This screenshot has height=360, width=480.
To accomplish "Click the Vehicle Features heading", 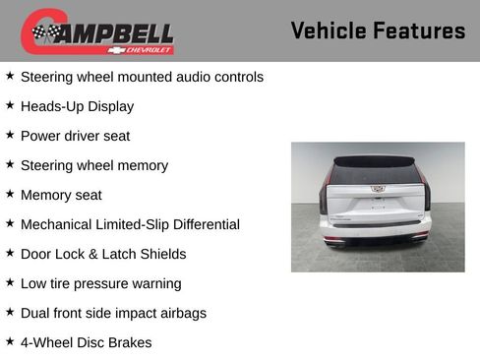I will (378, 30).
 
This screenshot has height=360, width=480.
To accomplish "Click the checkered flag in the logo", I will (44, 32).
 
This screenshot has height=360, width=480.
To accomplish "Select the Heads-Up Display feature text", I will (77, 106).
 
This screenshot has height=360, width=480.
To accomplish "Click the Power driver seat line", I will (75, 136).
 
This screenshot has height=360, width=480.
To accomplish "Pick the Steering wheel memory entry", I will (93, 165).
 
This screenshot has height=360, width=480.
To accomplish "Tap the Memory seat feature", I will (61, 195).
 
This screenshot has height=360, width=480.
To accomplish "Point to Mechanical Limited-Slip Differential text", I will (130, 224).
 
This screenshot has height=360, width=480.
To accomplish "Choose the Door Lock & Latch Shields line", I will (103, 254).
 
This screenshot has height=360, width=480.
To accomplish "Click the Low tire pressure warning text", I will (100, 283).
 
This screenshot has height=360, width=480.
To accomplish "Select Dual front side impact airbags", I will (113, 313).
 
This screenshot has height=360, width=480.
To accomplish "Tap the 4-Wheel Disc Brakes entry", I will (87, 342).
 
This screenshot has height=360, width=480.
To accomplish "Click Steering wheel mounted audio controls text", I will (142, 77).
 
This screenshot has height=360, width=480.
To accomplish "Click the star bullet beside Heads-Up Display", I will (10, 105).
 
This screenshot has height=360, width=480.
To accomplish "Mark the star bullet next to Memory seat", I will (10, 194).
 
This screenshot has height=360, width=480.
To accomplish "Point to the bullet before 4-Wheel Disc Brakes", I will (10, 341).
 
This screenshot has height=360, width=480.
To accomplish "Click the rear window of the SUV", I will (378, 174).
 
